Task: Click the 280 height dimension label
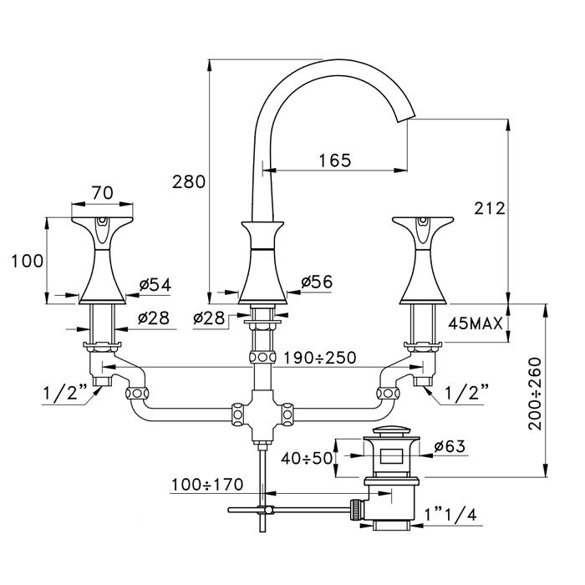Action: (x=188, y=181)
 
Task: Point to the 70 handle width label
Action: (x=102, y=192)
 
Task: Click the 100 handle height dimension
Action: (x=27, y=260)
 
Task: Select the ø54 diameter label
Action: (x=155, y=284)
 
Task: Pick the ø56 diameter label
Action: (x=316, y=282)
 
